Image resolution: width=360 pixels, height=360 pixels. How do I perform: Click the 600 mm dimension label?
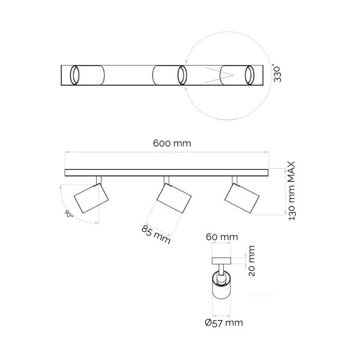[x=172, y=143]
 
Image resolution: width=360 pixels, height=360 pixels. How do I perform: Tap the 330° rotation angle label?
[x=277, y=73]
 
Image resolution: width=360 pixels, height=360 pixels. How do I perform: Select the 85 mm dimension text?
[x=156, y=235]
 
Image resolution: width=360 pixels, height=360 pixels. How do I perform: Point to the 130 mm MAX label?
[x=292, y=191]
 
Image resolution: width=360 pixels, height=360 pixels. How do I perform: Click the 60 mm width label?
[x=222, y=237]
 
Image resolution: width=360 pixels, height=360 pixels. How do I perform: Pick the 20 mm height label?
[x=251, y=261]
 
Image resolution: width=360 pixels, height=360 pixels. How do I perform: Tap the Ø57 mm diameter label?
[x=224, y=323]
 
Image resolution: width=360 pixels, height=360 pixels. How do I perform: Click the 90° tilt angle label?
[x=69, y=214]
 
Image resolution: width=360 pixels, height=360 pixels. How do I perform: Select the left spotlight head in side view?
[x=91, y=198]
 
